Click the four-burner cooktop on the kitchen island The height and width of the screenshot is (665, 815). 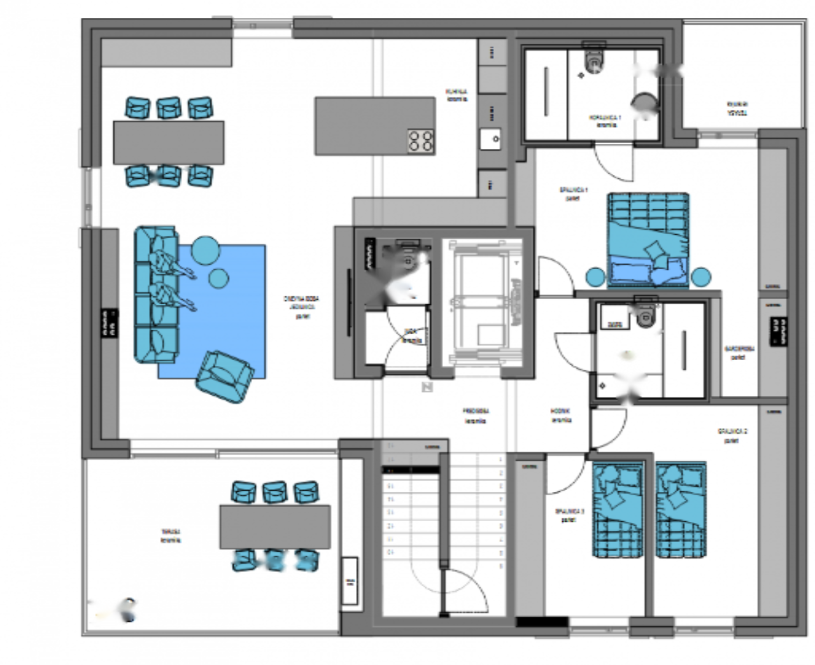tap(420, 141)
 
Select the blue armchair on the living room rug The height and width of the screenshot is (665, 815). tap(223, 376)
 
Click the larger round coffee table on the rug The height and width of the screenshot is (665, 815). tap(206, 250)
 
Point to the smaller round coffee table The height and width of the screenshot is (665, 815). tap(218, 278)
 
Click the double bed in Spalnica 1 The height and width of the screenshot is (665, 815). tap(648, 239)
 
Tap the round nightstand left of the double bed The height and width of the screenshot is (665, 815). tap(595, 277)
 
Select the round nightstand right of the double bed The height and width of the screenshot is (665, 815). tap(701, 277)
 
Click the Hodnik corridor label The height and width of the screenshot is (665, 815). tap(561, 416)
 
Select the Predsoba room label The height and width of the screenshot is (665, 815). tap(476, 416)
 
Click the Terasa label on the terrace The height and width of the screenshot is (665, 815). tap(171, 535)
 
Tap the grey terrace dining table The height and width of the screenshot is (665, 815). tap(275, 527)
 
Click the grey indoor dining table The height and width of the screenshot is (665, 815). tap(169, 143)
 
